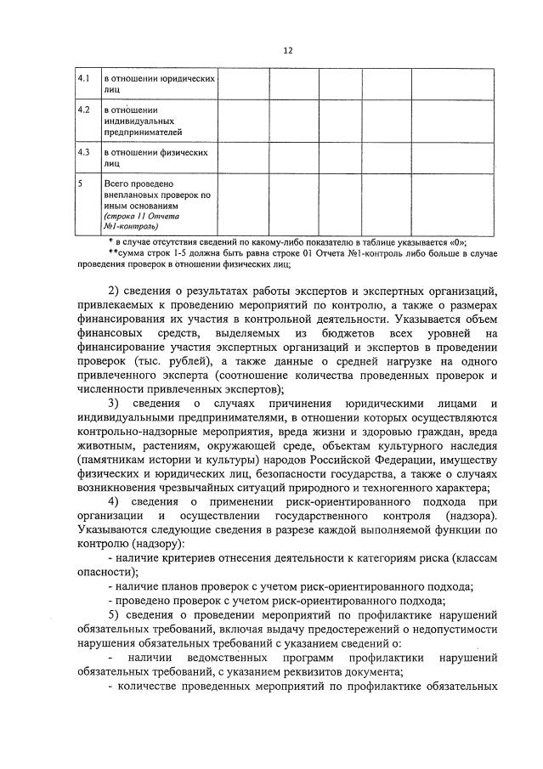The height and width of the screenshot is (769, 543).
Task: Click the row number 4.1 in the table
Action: pos(84,79)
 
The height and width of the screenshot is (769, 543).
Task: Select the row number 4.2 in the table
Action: pos(84,110)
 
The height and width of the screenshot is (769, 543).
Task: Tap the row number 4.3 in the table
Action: pos(84,152)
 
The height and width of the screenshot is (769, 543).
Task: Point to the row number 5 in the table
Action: pos(80,183)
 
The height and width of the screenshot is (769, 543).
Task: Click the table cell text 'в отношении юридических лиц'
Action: pos(157,85)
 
